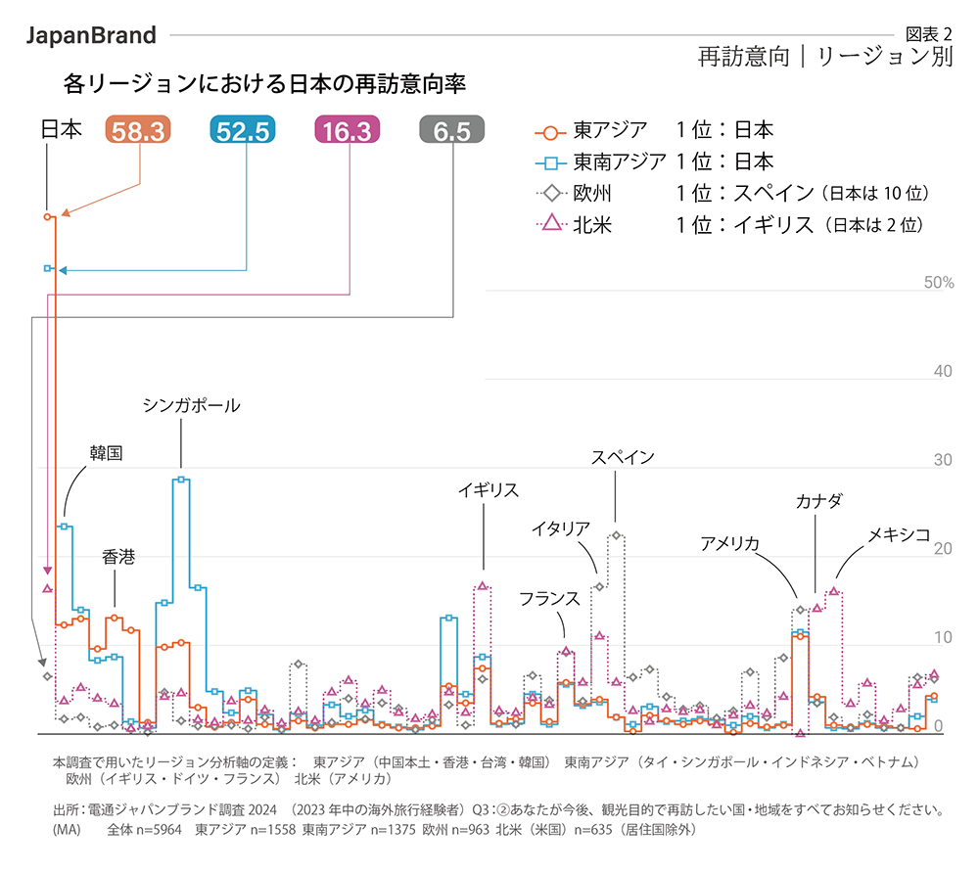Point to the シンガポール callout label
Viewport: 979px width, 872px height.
tap(191, 405)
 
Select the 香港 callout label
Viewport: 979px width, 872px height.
tap(118, 557)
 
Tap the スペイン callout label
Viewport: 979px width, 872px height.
tap(623, 457)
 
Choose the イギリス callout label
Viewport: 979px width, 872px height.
tap(488, 490)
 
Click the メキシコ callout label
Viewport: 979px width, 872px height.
tap(899, 534)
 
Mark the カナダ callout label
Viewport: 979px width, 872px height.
tap(817, 501)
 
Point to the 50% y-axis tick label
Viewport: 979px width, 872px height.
tap(938, 283)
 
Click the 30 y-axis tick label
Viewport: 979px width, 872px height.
tap(943, 460)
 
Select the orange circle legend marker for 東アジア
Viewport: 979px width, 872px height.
tap(550, 130)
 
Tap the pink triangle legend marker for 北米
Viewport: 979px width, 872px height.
tap(550, 224)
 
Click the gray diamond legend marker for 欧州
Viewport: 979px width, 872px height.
tap(550, 193)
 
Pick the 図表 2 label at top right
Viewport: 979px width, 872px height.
tap(931, 33)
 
